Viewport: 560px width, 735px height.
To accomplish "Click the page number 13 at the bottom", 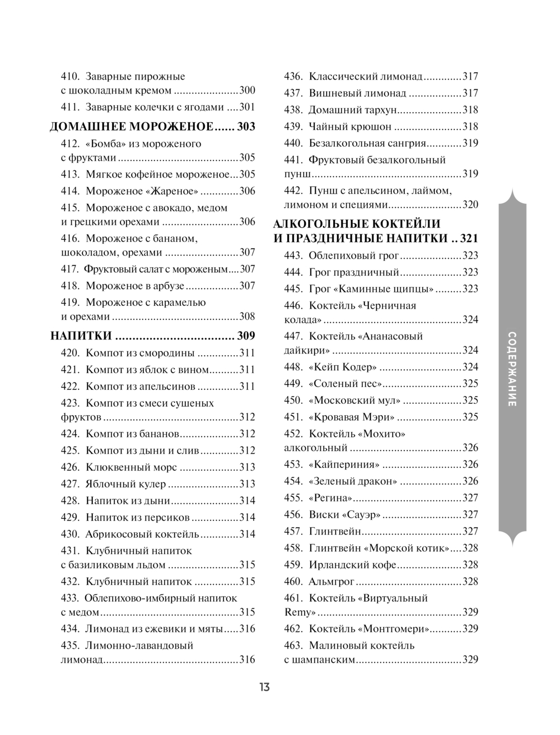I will coord(264,687).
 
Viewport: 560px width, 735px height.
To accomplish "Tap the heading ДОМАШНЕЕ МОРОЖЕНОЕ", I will coord(132,127).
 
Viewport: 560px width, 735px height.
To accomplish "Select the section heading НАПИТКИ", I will coord(81,336).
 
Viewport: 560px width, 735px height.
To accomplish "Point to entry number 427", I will coord(71,484).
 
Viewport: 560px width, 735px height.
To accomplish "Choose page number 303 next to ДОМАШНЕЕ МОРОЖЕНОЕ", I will coord(246,127).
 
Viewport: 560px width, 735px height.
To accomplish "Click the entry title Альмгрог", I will coord(332,582).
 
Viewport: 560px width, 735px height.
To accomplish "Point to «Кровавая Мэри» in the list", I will coord(352,417).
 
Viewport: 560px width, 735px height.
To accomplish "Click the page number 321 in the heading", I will coord(469,239).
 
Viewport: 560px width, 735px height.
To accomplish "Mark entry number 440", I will coord(293,143).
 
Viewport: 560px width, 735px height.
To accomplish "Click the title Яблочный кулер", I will coord(125,484).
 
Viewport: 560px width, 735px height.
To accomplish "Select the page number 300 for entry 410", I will coord(247,90).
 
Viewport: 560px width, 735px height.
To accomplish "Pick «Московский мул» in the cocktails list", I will coord(354,401).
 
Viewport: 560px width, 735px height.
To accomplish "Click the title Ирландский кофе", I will coord(352,565).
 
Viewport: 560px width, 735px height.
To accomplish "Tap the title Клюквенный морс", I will coord(131,467).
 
